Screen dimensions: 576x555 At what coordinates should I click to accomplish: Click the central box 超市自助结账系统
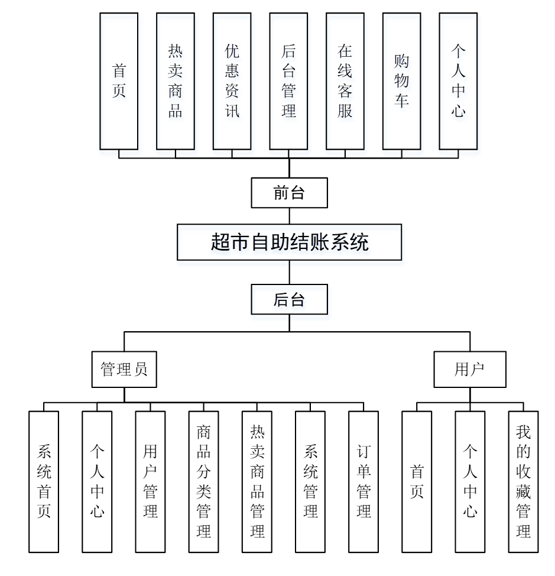point(289,242)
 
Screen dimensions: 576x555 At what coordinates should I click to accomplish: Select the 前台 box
point(289,193)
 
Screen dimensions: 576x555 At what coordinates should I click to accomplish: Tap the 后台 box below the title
point(289,299)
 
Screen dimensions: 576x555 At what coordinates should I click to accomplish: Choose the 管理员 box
point(124,370)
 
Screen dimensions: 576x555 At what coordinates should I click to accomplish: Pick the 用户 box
point(470,370)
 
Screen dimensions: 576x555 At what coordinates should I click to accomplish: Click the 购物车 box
point(401,81)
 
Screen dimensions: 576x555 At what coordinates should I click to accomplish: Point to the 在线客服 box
point(345,81)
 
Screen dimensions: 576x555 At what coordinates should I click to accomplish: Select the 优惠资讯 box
point(232,81)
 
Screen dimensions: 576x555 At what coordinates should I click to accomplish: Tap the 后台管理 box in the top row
point(288,81)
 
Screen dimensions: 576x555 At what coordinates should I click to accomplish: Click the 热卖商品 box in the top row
point(176,81)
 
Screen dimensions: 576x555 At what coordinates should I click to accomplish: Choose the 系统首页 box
point(44,481)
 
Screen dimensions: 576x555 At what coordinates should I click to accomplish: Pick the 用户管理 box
point(150,481)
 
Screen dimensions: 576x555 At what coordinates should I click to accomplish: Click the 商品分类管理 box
point(203,481)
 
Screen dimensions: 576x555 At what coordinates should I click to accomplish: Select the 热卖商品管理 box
point(257,481)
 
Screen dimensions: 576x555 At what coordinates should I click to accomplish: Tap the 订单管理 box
point(363,481)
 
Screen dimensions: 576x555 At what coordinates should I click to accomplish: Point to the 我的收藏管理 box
point(523,481)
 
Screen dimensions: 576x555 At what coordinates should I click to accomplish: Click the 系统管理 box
point(310,481)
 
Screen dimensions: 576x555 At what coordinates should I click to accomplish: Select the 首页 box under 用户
point(417,481)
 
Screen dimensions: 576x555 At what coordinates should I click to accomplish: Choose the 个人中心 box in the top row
point(458,81)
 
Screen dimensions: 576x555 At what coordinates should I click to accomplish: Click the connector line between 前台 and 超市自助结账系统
point(289,216)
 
